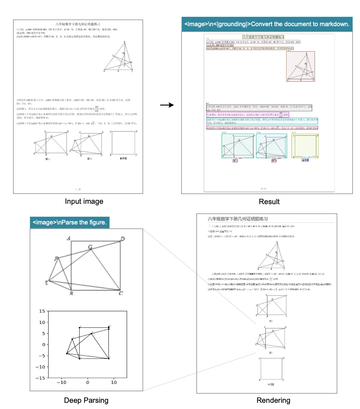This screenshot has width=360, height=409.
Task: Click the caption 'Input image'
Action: (x=84, y=201)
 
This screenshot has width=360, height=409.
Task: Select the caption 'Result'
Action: (x=269, y=202)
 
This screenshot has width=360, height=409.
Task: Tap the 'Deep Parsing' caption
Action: (x=86, y=400)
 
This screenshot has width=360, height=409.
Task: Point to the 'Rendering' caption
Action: (x=273, y=400)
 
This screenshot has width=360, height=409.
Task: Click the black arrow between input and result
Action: (x=167, y=105)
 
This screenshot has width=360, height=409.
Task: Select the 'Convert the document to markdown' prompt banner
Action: (x=267, y=24)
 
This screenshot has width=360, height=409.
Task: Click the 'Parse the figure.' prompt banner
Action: (x=70, y=222)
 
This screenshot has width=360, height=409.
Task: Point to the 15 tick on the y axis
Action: (x=42, y=311)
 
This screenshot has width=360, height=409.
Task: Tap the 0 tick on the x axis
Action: (x=87, y=382)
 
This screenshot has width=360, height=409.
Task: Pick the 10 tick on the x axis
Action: (x=114, y=382)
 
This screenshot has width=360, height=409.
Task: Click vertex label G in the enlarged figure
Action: (x=91, y=247)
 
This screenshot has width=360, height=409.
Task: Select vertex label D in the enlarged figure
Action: (x=122, y=239)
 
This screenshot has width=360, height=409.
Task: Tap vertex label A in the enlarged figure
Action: (x=68, y=238)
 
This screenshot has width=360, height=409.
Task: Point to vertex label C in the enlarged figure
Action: (x=121, y=293)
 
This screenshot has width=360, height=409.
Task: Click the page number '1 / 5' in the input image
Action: (x=78, y=189)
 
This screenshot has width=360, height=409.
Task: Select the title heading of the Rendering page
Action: (x=237, y=219)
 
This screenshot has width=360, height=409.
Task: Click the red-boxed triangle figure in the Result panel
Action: (x=300, y=66)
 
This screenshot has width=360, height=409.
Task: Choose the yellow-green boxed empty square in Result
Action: (x=305, y=146)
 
